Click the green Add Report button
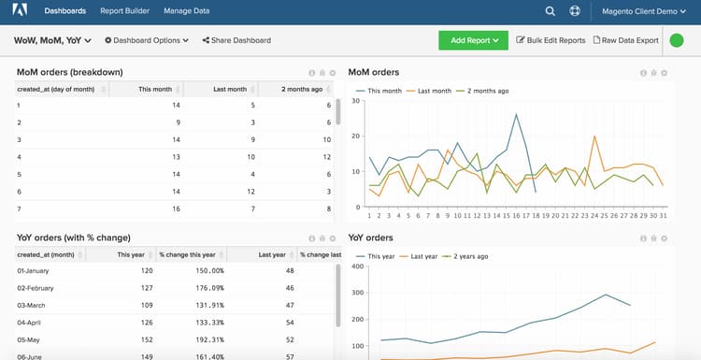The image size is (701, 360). (473, 40)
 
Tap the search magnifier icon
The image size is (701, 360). (551, 11)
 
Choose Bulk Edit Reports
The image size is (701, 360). (551, 40)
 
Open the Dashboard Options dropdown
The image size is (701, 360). (147, 40)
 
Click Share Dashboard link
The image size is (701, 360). (236, 40)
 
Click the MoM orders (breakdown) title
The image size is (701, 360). (70, 72)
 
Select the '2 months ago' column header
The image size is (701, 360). (303, 89)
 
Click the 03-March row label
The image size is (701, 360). (35, 305)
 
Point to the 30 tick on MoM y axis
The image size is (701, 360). (356, 101)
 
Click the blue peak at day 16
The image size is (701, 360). (516, 114)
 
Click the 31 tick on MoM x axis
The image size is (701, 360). (663, 214)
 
